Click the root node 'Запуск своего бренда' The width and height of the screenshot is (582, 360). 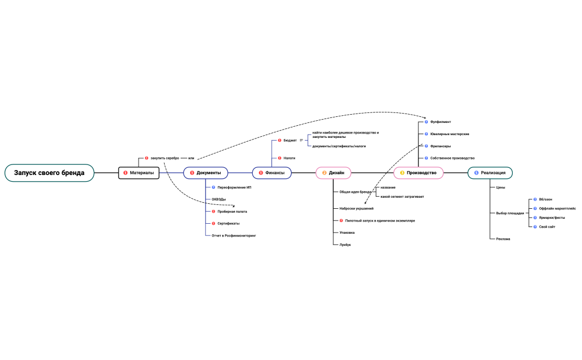tap(49, 173)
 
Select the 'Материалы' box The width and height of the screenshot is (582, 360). tap(139, 173)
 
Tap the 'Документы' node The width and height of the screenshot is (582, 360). tap(206, 173)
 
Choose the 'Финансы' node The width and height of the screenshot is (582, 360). tap(272, 173)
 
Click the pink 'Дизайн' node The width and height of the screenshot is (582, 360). tap(333, 173)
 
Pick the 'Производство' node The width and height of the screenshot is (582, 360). tap(418, 173)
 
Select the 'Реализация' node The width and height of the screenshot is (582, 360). tap(490, 173)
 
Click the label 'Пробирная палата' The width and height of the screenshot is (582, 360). tap(232, 212)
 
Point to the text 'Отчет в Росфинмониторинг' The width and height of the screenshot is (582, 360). tap(234, 236)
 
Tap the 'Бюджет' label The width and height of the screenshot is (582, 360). tap(290, 141)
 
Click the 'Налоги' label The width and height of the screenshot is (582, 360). tap(289, 158)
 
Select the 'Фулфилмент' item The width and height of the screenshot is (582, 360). tap(441, 122)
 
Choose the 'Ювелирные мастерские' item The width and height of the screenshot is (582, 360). tap(450, 134)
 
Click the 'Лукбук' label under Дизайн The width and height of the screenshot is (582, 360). tap(345, 245)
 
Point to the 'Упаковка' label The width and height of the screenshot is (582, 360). tap(346, 233)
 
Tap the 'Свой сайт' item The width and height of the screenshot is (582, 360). tap(547, 227)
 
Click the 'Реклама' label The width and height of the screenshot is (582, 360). tap(503, 239)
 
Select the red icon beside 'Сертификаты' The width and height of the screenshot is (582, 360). tap(213, 224)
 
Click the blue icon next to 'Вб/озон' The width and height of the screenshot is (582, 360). tap(535, 199)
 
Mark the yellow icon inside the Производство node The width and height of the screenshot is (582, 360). tap(402, 173)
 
